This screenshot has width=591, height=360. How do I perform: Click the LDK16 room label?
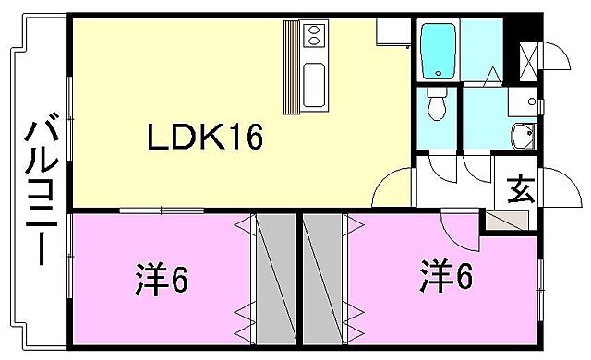[207, 138]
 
